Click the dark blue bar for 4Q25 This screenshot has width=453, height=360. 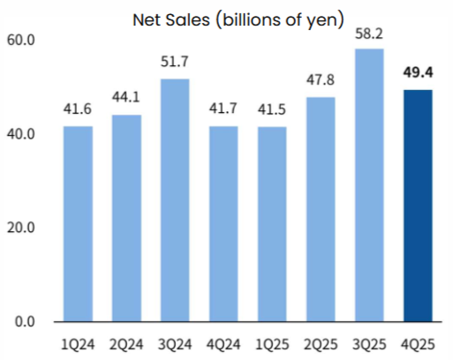pos(418,206)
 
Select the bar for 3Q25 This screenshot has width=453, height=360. pos(369,185)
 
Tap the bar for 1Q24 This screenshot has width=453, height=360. pos(78,224)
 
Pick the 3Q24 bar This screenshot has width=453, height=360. pos(175,200)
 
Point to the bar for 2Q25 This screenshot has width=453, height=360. pos(321,209)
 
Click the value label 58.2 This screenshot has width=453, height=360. pos(369,34)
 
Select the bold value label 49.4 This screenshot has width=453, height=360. pos(418,72)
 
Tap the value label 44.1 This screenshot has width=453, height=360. pos(126,97)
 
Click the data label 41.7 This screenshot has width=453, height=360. pos(223,109)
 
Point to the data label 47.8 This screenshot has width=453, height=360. pos(321,80)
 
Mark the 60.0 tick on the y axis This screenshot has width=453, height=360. pos(20,40)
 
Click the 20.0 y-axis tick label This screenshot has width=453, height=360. pos(20,228)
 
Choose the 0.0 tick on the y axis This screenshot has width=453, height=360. pos(25,322)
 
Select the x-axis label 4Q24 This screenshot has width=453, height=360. pos(223,344)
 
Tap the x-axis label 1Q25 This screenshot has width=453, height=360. pos(272,344)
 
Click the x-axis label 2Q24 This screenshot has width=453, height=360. pos(126,344)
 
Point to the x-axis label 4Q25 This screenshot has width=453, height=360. pos(418,344)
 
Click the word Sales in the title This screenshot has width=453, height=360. pos(188,20)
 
